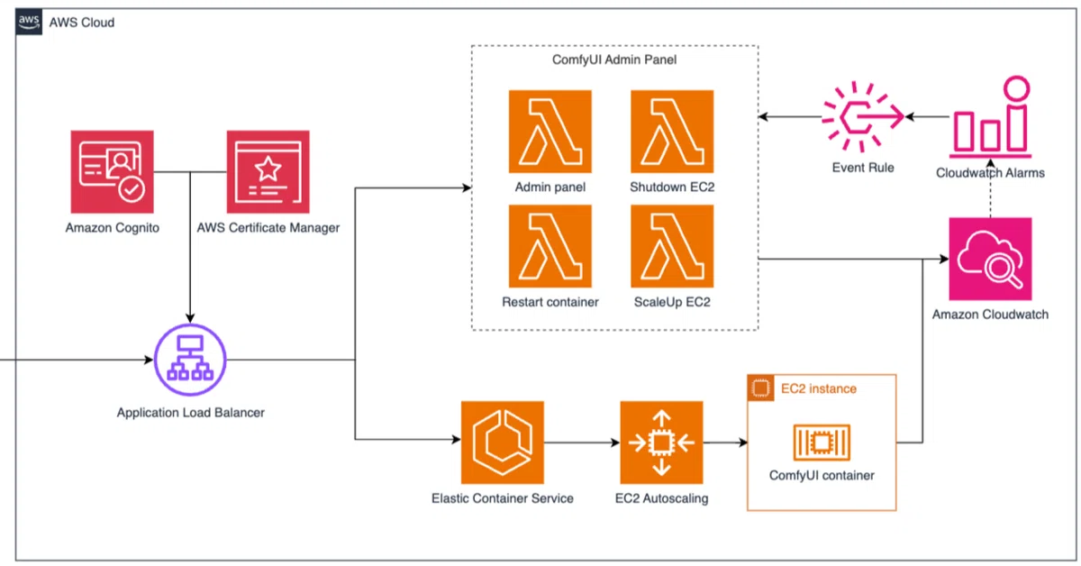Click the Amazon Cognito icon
(112, 171)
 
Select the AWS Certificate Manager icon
(268, 171)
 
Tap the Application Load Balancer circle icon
(190, 360)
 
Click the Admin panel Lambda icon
(550, 131)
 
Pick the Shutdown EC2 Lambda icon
(672, 131)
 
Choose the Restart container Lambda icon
(550, 245)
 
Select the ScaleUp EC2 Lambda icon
(672, 245)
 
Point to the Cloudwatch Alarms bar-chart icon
(990, 117)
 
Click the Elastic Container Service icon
(502, 443)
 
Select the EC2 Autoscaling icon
(661, 443)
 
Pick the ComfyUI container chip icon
(822, 443)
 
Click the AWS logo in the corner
(29, 22)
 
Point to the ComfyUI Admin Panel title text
(613, 60)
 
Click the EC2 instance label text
(818, 388)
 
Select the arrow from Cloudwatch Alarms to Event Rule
(927, 117)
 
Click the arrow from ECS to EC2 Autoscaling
(582, 443)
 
